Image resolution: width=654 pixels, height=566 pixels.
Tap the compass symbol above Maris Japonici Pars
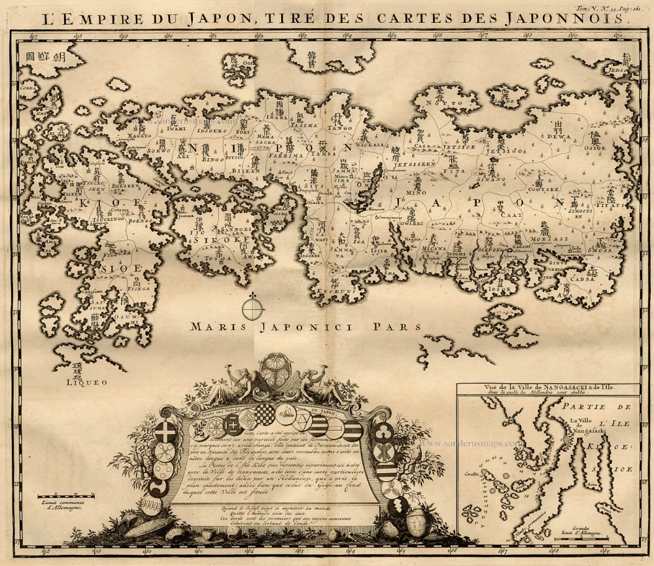(x=253, y=307)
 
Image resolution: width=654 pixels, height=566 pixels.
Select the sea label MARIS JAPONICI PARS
(x=303, y=324)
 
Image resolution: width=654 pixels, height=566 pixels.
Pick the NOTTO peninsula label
(x=439, y=103)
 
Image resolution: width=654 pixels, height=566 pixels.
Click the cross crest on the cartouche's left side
(x=163, y=433)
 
